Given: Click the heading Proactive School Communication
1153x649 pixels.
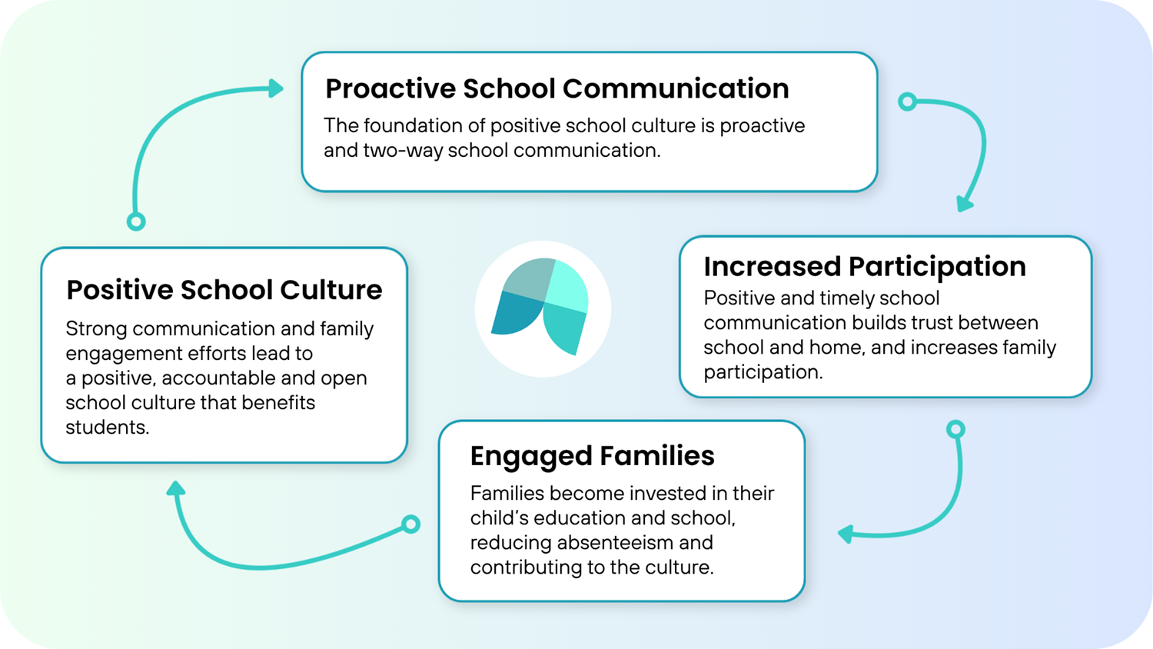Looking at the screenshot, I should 557,89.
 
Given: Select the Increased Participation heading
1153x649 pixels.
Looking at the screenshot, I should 864,267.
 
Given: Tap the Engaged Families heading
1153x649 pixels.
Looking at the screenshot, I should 592,456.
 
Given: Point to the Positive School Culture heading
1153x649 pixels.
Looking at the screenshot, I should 224,290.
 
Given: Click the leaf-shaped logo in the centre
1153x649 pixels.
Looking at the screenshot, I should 543,308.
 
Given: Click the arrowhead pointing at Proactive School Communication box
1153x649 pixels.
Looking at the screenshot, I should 275,88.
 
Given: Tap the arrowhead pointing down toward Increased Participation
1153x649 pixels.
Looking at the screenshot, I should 964,204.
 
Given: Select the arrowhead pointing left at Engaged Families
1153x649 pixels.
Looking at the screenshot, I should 846,534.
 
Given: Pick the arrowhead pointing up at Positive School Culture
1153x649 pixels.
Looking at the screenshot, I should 176,488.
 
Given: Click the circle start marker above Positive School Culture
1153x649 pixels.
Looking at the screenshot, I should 136,222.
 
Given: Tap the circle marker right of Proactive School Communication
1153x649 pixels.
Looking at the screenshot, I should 908,102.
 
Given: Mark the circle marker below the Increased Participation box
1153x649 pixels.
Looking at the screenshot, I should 955,429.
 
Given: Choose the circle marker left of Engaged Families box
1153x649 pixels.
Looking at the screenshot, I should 411,524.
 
